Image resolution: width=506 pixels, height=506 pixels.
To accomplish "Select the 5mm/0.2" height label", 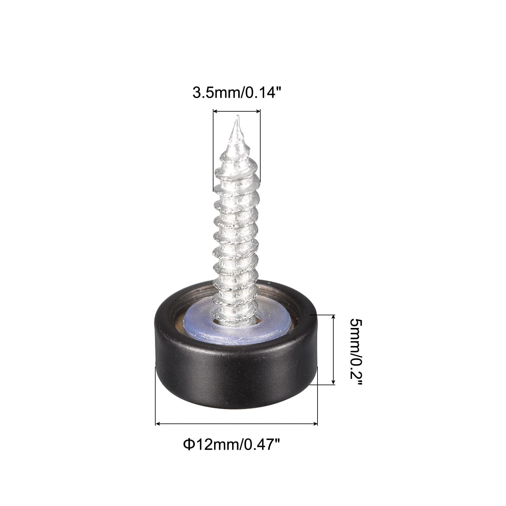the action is tap(357, 350).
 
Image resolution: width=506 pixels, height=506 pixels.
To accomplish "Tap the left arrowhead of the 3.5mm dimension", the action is tap(215, 111).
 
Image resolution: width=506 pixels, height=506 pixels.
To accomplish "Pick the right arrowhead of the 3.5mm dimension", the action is tap(258, 111).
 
